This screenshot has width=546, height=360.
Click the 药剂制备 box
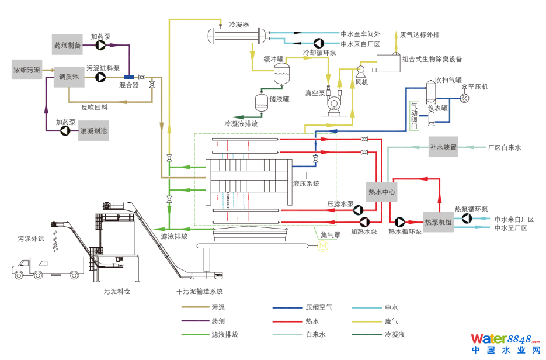click(x=68, y=45)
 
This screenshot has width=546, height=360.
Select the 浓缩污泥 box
click(x=27, y=70)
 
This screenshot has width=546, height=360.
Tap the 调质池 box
click(x=68, y=77)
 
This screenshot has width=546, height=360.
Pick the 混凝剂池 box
click(x=93, y=131)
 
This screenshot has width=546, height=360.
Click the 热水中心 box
click(x=382, y=191)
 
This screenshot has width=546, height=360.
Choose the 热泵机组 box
click(x=439, y=222)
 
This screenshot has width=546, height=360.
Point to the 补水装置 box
click(x=443, y=147)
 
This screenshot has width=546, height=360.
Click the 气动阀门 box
click(x=415, y=115)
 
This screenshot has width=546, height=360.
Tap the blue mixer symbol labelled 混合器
click(x=129, y=77)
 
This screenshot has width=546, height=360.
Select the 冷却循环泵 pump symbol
click(x=319, y=43)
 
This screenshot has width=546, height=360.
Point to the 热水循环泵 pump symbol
click(x=400, y=222)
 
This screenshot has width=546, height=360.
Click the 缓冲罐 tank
click(x=282, y=74)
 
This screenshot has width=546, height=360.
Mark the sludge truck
click(x=47, y=268)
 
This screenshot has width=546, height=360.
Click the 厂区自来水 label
click(x=504, y=148)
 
